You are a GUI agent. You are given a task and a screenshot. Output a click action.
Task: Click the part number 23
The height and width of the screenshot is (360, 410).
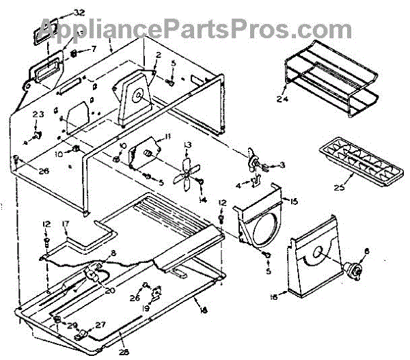(38, 113)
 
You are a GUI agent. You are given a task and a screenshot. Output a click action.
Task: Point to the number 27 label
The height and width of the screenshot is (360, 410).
(101, 324)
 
